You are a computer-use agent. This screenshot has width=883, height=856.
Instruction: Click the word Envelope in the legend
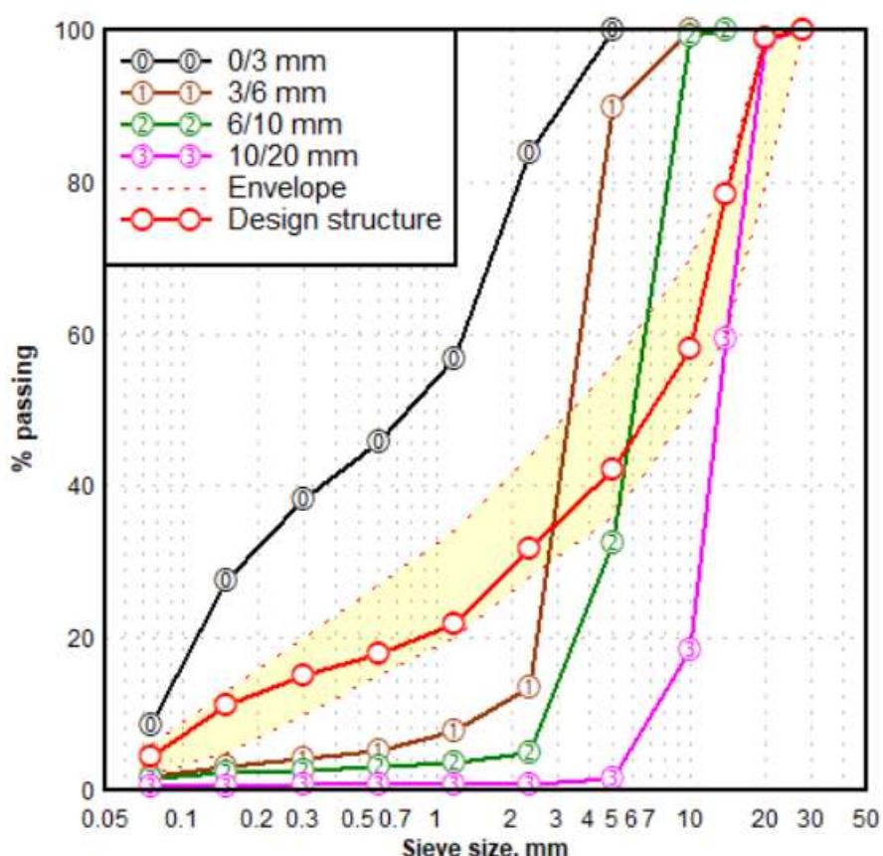coord(287,187)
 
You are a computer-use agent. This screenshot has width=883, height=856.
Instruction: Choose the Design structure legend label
coord(334,219)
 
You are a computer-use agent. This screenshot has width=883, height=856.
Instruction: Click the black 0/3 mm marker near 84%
coord(529,152)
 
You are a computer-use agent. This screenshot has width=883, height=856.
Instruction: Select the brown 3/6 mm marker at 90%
coord(613,106)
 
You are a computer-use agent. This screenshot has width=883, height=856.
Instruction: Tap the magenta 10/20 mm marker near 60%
coord(725,338)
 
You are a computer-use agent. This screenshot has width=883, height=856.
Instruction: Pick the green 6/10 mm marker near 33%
coord(613,542)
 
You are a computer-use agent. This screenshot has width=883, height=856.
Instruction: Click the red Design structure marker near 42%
coord(613,468)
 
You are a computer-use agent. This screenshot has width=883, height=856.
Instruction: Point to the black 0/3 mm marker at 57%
coord(453,358)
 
